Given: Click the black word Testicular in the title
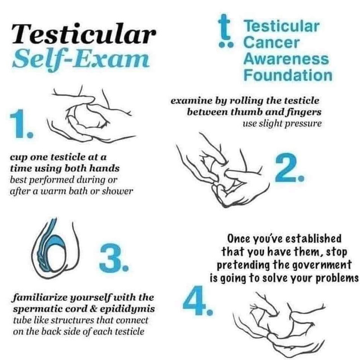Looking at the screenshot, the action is point(84,34).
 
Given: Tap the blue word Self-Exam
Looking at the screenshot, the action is point(81,59).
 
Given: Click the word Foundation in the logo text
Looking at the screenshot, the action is point(288,75).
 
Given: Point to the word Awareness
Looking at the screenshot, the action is point(286,59).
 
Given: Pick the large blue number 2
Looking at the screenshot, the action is point(290,167).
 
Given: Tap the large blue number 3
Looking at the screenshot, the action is point(114,257).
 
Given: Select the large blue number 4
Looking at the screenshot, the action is point(198,300).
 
